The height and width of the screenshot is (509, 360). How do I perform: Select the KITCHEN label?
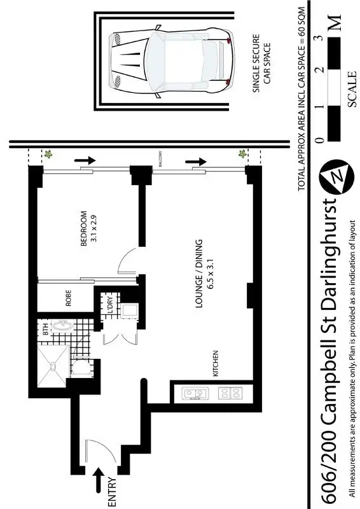(x=216, y=363)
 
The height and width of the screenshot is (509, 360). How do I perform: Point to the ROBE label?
(x=69, y=298)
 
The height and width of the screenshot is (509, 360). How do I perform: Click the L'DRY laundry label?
(x=109, y=307)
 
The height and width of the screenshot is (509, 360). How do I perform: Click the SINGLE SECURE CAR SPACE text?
(x=263, y=69)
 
